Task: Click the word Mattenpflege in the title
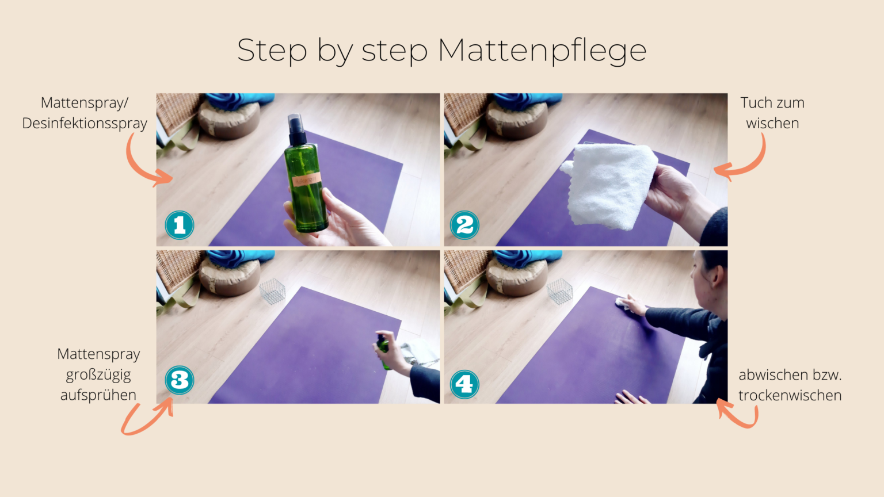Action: [542, 51]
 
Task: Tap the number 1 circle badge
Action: [180, 225]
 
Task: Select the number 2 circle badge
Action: [464, 225]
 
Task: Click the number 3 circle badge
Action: [180, 380]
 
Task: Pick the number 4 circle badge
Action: [464, 384]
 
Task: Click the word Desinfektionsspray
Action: [85, 124]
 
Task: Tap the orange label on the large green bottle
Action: [305, 181]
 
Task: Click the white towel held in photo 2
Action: [610, 184]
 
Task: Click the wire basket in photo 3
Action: [272, 291]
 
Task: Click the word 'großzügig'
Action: [98, 375]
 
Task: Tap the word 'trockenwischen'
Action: [790, 396]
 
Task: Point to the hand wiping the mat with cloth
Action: [632, 305]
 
